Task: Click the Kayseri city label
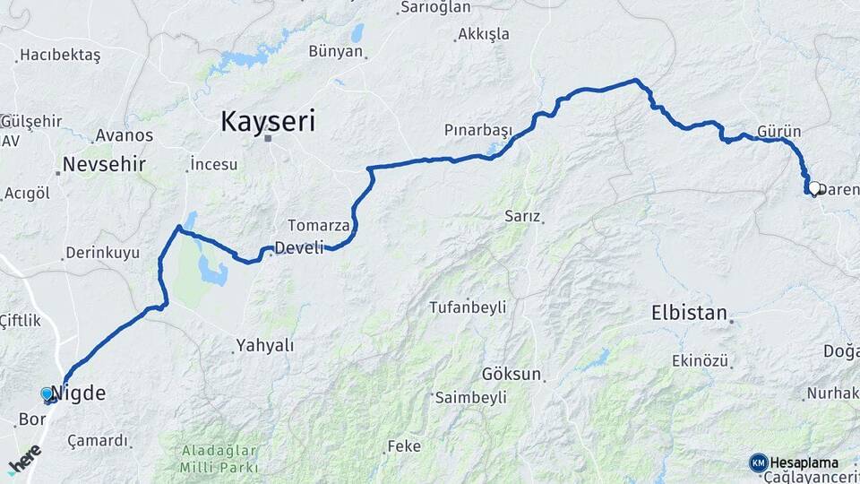[268, 120]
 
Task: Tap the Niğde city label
[79, 393]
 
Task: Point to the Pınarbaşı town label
[478, 130]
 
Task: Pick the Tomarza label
[318, 225]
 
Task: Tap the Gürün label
[778, 131]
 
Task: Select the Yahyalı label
[264, 345]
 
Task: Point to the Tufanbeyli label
[468, 307]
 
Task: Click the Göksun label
[512, 374]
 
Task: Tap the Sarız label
[522, 216]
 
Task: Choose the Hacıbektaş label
[60, 56]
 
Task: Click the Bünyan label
[336, 51]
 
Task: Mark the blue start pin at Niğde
[47, 393]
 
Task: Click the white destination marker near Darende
[815, 188]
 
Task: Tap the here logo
[24, 459]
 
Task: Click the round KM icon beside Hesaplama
[758, 462]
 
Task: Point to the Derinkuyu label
[103, 253]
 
